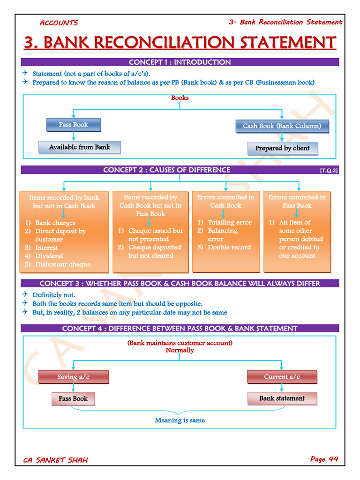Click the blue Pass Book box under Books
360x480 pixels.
[73, 125]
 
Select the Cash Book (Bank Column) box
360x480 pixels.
[282, 126]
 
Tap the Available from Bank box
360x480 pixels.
[79, 147]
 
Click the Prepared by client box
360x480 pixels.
[282, 148]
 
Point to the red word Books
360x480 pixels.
[180, 98]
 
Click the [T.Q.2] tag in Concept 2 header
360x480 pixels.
[329, 171]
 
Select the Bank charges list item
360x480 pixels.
[55, 223]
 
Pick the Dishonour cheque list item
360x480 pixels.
[62, 264]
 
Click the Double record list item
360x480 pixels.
[229, 247]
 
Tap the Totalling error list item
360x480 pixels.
[229, 223]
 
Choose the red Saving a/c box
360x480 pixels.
[73, 377]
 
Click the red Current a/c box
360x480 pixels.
[282, 377]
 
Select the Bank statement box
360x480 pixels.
[282, 398]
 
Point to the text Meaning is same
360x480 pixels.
[180, 420]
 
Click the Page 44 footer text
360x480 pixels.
[324, 459]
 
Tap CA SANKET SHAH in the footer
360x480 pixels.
[55, 460]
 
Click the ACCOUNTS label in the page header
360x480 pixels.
[59, 23]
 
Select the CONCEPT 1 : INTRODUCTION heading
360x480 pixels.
[180, 62]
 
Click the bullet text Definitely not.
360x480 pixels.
[53, 295]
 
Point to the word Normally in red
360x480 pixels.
[180, 350]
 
